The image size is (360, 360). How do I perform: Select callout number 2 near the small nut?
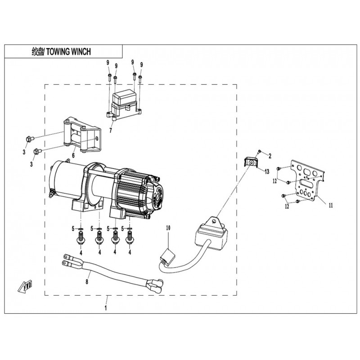click(x=270, y=156)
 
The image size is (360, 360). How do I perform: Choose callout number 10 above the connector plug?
click(x=168, y=229)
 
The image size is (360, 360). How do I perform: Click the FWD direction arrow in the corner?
click(x=23, y=285)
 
